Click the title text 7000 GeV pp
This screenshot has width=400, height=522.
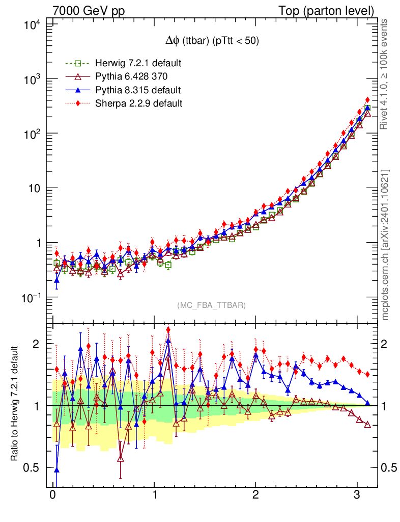click(89, 11)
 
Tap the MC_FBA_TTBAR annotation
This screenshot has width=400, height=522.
click(212, 305)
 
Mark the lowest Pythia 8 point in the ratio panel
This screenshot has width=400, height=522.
click(56, 469)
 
